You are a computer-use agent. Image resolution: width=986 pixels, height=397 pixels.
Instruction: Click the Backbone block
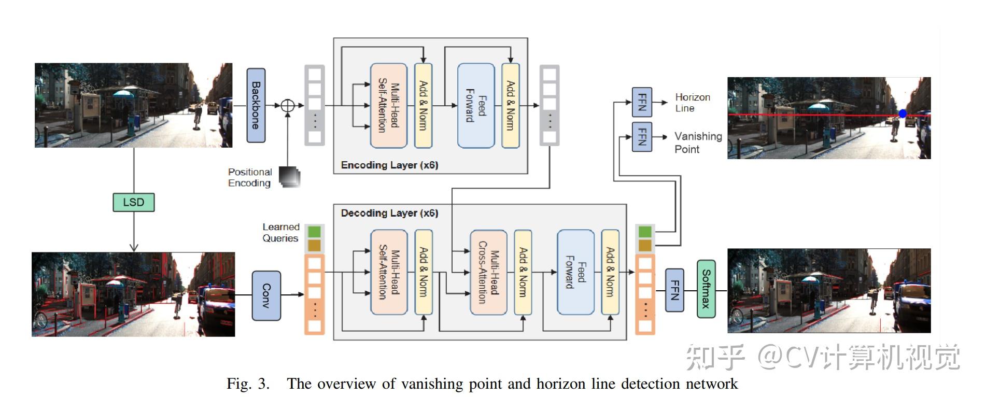pyautogui.click(x=256, y=105)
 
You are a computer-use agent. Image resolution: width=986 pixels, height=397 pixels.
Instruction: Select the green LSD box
pyautogui.click(x=134, y=202)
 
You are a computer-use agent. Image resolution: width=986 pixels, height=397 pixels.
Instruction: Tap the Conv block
pyautogui.click(x=266, y=295)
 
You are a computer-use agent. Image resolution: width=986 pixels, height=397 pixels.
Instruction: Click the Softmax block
pyautogui.click(x=706, y=289)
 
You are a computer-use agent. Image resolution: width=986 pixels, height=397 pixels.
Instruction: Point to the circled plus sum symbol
pyautogui.click(x=287, y=106)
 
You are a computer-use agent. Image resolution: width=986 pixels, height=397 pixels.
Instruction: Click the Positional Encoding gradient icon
pyautogui.click(x=289, y=177)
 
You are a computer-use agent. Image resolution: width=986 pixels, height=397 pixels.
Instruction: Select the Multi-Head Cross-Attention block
pyautogui.click(x=488, y=272)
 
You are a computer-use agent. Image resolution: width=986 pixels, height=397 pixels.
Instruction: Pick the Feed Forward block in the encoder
pyautogui.click(x=475, y=106)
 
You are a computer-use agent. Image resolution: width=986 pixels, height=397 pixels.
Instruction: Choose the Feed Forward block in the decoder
pyautogui.click(x=575, y=272)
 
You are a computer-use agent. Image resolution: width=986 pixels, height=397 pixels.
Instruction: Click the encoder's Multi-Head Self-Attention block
pyautogui.click(x=388, y=106)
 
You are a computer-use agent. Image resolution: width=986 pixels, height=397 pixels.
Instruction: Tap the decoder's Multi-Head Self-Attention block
pyautogui.click(x=388, y=272)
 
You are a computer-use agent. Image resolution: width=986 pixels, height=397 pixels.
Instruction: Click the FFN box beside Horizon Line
pyautogui.click(x=642, y=102)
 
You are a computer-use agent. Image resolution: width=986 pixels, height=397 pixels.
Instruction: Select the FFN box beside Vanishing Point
pyautogui.click(x=642, y=137)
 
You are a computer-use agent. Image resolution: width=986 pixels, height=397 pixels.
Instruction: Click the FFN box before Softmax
pyautogui.click(x=674, y=290)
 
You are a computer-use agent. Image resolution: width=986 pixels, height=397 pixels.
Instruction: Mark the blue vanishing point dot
pyautogui.click(x=903, y=114)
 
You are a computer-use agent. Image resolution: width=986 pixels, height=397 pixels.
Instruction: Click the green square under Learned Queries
pyautogui.click(x=314, y=231)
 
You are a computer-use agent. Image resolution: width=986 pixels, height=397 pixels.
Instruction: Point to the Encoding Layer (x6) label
pyautogui.click(x=389, y=165)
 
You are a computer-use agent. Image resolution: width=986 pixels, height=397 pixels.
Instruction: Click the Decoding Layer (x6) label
pyautogui.click(x=389, y=213)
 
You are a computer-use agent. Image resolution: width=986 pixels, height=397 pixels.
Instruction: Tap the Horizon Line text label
pyautogui.click(x=692, y=103)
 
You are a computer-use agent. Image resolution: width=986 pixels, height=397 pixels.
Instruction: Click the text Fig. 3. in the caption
pyautogui.click(x=248, y=384)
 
